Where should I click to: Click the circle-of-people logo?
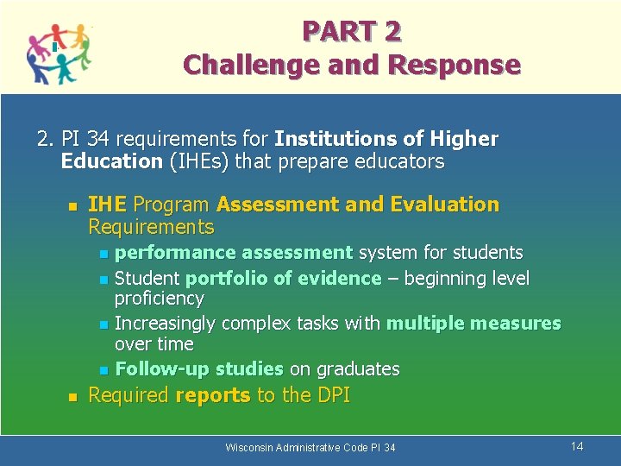[x=58, y=53]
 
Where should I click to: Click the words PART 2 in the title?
[x=351, y=31]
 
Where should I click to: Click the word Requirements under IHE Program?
[x=151, y=227]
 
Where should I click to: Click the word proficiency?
[x=160, y=299]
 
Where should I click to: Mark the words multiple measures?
[x=474, y=324]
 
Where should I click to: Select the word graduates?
[x=357, y=369]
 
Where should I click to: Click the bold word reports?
[x=213, y=395]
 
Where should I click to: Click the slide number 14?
[x=577, y=446]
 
